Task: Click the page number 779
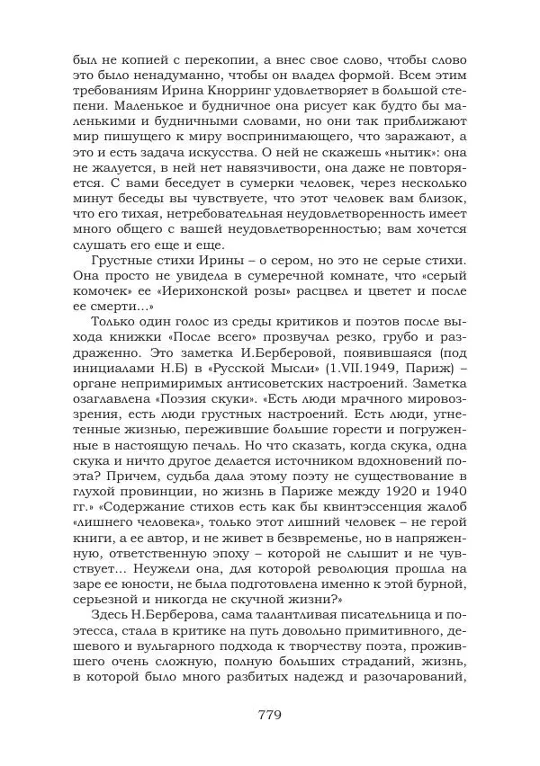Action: point(270,716)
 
